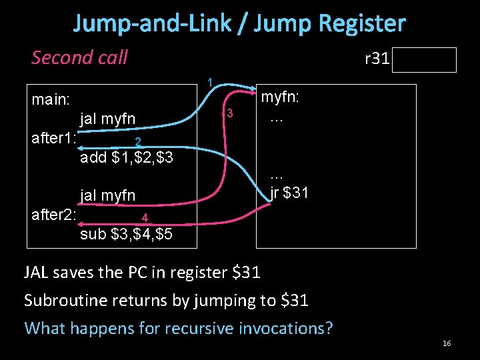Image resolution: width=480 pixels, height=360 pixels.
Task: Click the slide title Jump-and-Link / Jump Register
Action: pyautogui.click(x=239, y=24)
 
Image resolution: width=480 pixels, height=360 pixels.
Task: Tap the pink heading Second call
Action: pyautogui.click(x=79, y=57)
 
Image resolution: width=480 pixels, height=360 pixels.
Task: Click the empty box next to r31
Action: pyautogui.click(x=425, y=60)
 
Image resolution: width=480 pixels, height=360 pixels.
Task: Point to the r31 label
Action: pyautogui.click(x=377, y=59)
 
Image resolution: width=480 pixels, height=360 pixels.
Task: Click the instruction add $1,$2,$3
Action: pyautogui.click(x=127, y=157)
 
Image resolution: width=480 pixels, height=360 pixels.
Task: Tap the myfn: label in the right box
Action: pyautogui.click(x=279, y=97)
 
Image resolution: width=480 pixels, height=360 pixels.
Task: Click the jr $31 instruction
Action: pyautogui.click(x=289, y=194)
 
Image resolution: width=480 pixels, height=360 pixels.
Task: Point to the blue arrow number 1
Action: pyautogui.click(x=209, y=83)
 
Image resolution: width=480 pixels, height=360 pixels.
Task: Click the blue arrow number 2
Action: pyautogui.click(x=137, y=141)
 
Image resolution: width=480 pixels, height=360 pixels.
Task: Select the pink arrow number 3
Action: pyautogui.click(x=229, y=113)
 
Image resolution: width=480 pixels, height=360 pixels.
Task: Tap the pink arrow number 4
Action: pyautogui.click(x=144, y=218)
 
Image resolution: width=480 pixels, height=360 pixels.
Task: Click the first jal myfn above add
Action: pyautogui.click(x=107, y=119)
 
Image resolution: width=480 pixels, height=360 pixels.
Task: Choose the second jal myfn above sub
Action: pyautogui.click(x=107, y=195)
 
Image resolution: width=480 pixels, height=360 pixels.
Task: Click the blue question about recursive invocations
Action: pyautogui.click(x=178, y=328)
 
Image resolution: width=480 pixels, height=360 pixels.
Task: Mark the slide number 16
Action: pyautogui.click(x=447, y=343)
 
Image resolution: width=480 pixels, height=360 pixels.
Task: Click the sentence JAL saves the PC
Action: pyautogui.click(x=142, y=272)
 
